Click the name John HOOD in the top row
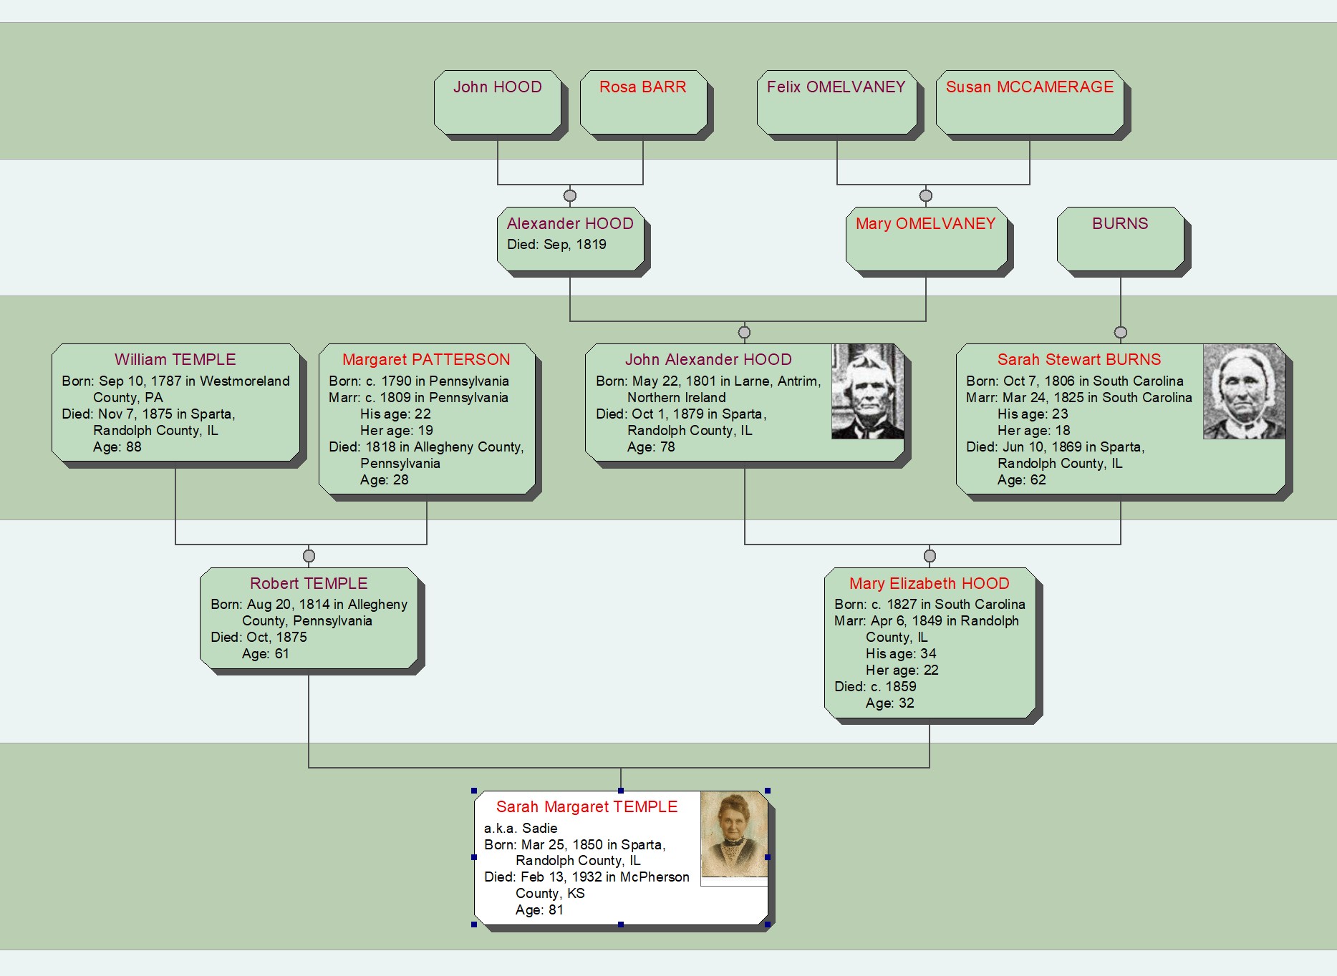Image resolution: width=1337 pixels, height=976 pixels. coord(497,87)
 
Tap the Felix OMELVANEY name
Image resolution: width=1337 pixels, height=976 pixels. coord(836,87)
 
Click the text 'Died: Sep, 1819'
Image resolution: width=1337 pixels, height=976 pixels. coord(556,245)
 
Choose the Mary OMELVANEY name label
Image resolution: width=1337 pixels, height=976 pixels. coord(925,224)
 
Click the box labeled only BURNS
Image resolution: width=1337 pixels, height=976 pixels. coord(1120,239)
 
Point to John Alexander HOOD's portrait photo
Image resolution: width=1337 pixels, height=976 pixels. coord(867,391)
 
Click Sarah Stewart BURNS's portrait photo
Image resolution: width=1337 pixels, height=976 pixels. coord(1243,391)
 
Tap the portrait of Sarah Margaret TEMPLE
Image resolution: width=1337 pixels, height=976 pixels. coord(733,834)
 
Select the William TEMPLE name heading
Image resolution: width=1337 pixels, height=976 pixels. coord(175,360)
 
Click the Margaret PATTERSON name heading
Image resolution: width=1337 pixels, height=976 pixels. coord(426,360)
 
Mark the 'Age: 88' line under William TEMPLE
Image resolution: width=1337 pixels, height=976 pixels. coord(117,447)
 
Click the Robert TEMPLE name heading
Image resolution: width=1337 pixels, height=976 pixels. coord(309,584)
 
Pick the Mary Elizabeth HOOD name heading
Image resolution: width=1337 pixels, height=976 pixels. coord(929,584)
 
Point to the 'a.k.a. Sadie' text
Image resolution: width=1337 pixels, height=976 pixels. coord(521,829)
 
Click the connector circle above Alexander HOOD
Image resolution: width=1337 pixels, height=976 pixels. coord(570,195)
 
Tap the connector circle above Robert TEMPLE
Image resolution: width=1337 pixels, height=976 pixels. coord(309,556)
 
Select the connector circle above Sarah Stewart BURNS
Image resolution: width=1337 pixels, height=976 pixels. coord(1121,332)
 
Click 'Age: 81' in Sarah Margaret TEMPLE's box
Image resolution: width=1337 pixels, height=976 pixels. coord(539,910)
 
